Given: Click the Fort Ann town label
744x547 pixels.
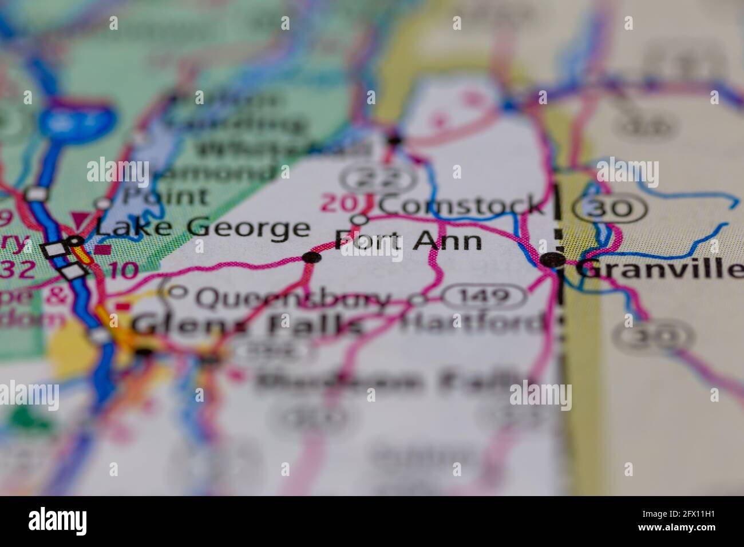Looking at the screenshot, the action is tap(407, 241).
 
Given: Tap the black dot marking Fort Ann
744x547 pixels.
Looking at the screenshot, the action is tap(311, 257).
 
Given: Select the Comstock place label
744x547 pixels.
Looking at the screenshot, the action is tap(460, 205).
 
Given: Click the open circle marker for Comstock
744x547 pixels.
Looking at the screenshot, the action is tap(359, 219).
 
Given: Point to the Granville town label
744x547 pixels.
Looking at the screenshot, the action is tap(658, 268).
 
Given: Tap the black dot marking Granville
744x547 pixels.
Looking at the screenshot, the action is tap(553, 260).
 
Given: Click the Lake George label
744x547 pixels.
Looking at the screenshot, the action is tap(202, 228).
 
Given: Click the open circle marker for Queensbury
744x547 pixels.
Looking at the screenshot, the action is tap(178, 292).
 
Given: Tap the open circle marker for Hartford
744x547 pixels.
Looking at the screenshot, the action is tap(420, 299).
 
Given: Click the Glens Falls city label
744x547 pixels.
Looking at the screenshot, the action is tap(247, 326).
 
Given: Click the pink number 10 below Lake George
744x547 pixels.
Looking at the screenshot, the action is tap(122, 270).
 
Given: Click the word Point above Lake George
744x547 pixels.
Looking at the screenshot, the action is tap(165, 196).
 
